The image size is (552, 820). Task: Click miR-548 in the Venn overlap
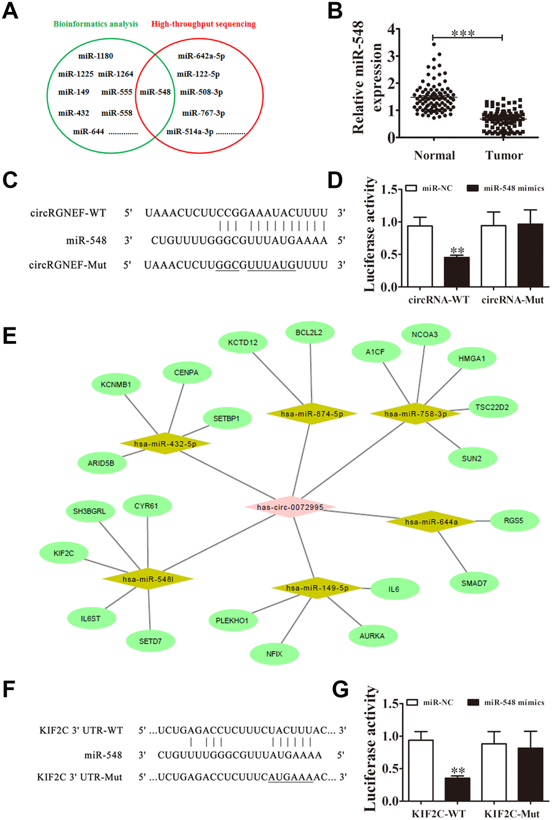click(155, 92)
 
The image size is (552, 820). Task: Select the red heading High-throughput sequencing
click(203, 24)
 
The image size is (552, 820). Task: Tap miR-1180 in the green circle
click(96, 56)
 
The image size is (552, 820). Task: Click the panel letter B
click(335, 11)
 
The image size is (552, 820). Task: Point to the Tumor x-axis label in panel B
click(504, 155)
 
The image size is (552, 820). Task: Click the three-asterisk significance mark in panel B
click(463, 34)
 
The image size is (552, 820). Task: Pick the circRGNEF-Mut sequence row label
click(68, 265)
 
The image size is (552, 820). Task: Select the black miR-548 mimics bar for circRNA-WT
click(457, 271)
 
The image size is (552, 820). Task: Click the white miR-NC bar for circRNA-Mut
click(494, 255)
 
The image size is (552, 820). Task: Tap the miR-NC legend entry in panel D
click(431, 188)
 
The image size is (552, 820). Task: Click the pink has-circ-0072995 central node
click(290, 507)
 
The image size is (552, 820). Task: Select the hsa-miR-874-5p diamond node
click(312, 414)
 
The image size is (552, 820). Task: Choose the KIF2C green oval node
click(63, 553)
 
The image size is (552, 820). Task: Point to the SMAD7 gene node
click(474, 583)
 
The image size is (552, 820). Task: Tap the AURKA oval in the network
click(372, 636)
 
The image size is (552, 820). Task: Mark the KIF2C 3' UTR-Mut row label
click(80, 777)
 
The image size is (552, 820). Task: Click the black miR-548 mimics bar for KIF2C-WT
click(457, 789)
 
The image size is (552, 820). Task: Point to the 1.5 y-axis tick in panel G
click(390, 704)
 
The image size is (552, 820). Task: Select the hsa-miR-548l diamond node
click(148, 579)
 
